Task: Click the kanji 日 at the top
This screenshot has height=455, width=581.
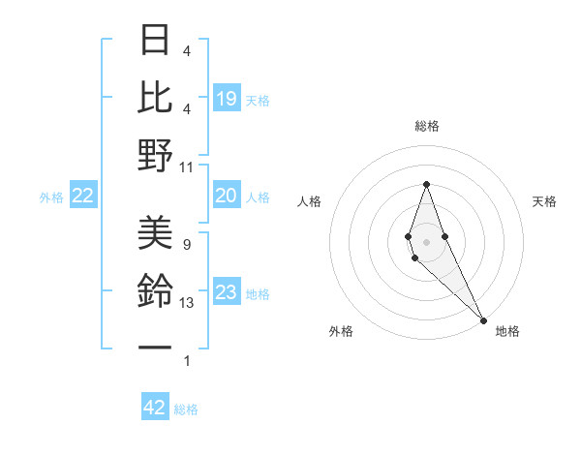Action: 156,40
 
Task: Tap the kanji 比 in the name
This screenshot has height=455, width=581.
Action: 156,97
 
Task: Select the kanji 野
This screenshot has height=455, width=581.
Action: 156,155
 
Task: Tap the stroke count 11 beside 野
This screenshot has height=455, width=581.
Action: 187,167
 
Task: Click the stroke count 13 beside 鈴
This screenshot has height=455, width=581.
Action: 187,303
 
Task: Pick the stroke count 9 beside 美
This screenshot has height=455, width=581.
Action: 187,244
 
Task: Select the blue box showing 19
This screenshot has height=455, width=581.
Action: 226,99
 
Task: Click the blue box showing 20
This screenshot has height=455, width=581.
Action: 226,196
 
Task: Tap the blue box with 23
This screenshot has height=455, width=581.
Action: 226,292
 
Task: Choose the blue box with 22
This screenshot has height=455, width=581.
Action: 83,197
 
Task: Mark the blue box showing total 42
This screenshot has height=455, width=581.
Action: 155,408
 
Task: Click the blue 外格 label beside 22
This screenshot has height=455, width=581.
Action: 51,197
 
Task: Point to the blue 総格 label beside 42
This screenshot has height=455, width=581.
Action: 186,409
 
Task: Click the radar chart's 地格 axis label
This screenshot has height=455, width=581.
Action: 507,331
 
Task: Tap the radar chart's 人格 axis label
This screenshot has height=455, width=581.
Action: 310,201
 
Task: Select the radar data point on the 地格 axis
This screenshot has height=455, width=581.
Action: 483,320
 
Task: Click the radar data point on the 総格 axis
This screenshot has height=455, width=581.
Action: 426,184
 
